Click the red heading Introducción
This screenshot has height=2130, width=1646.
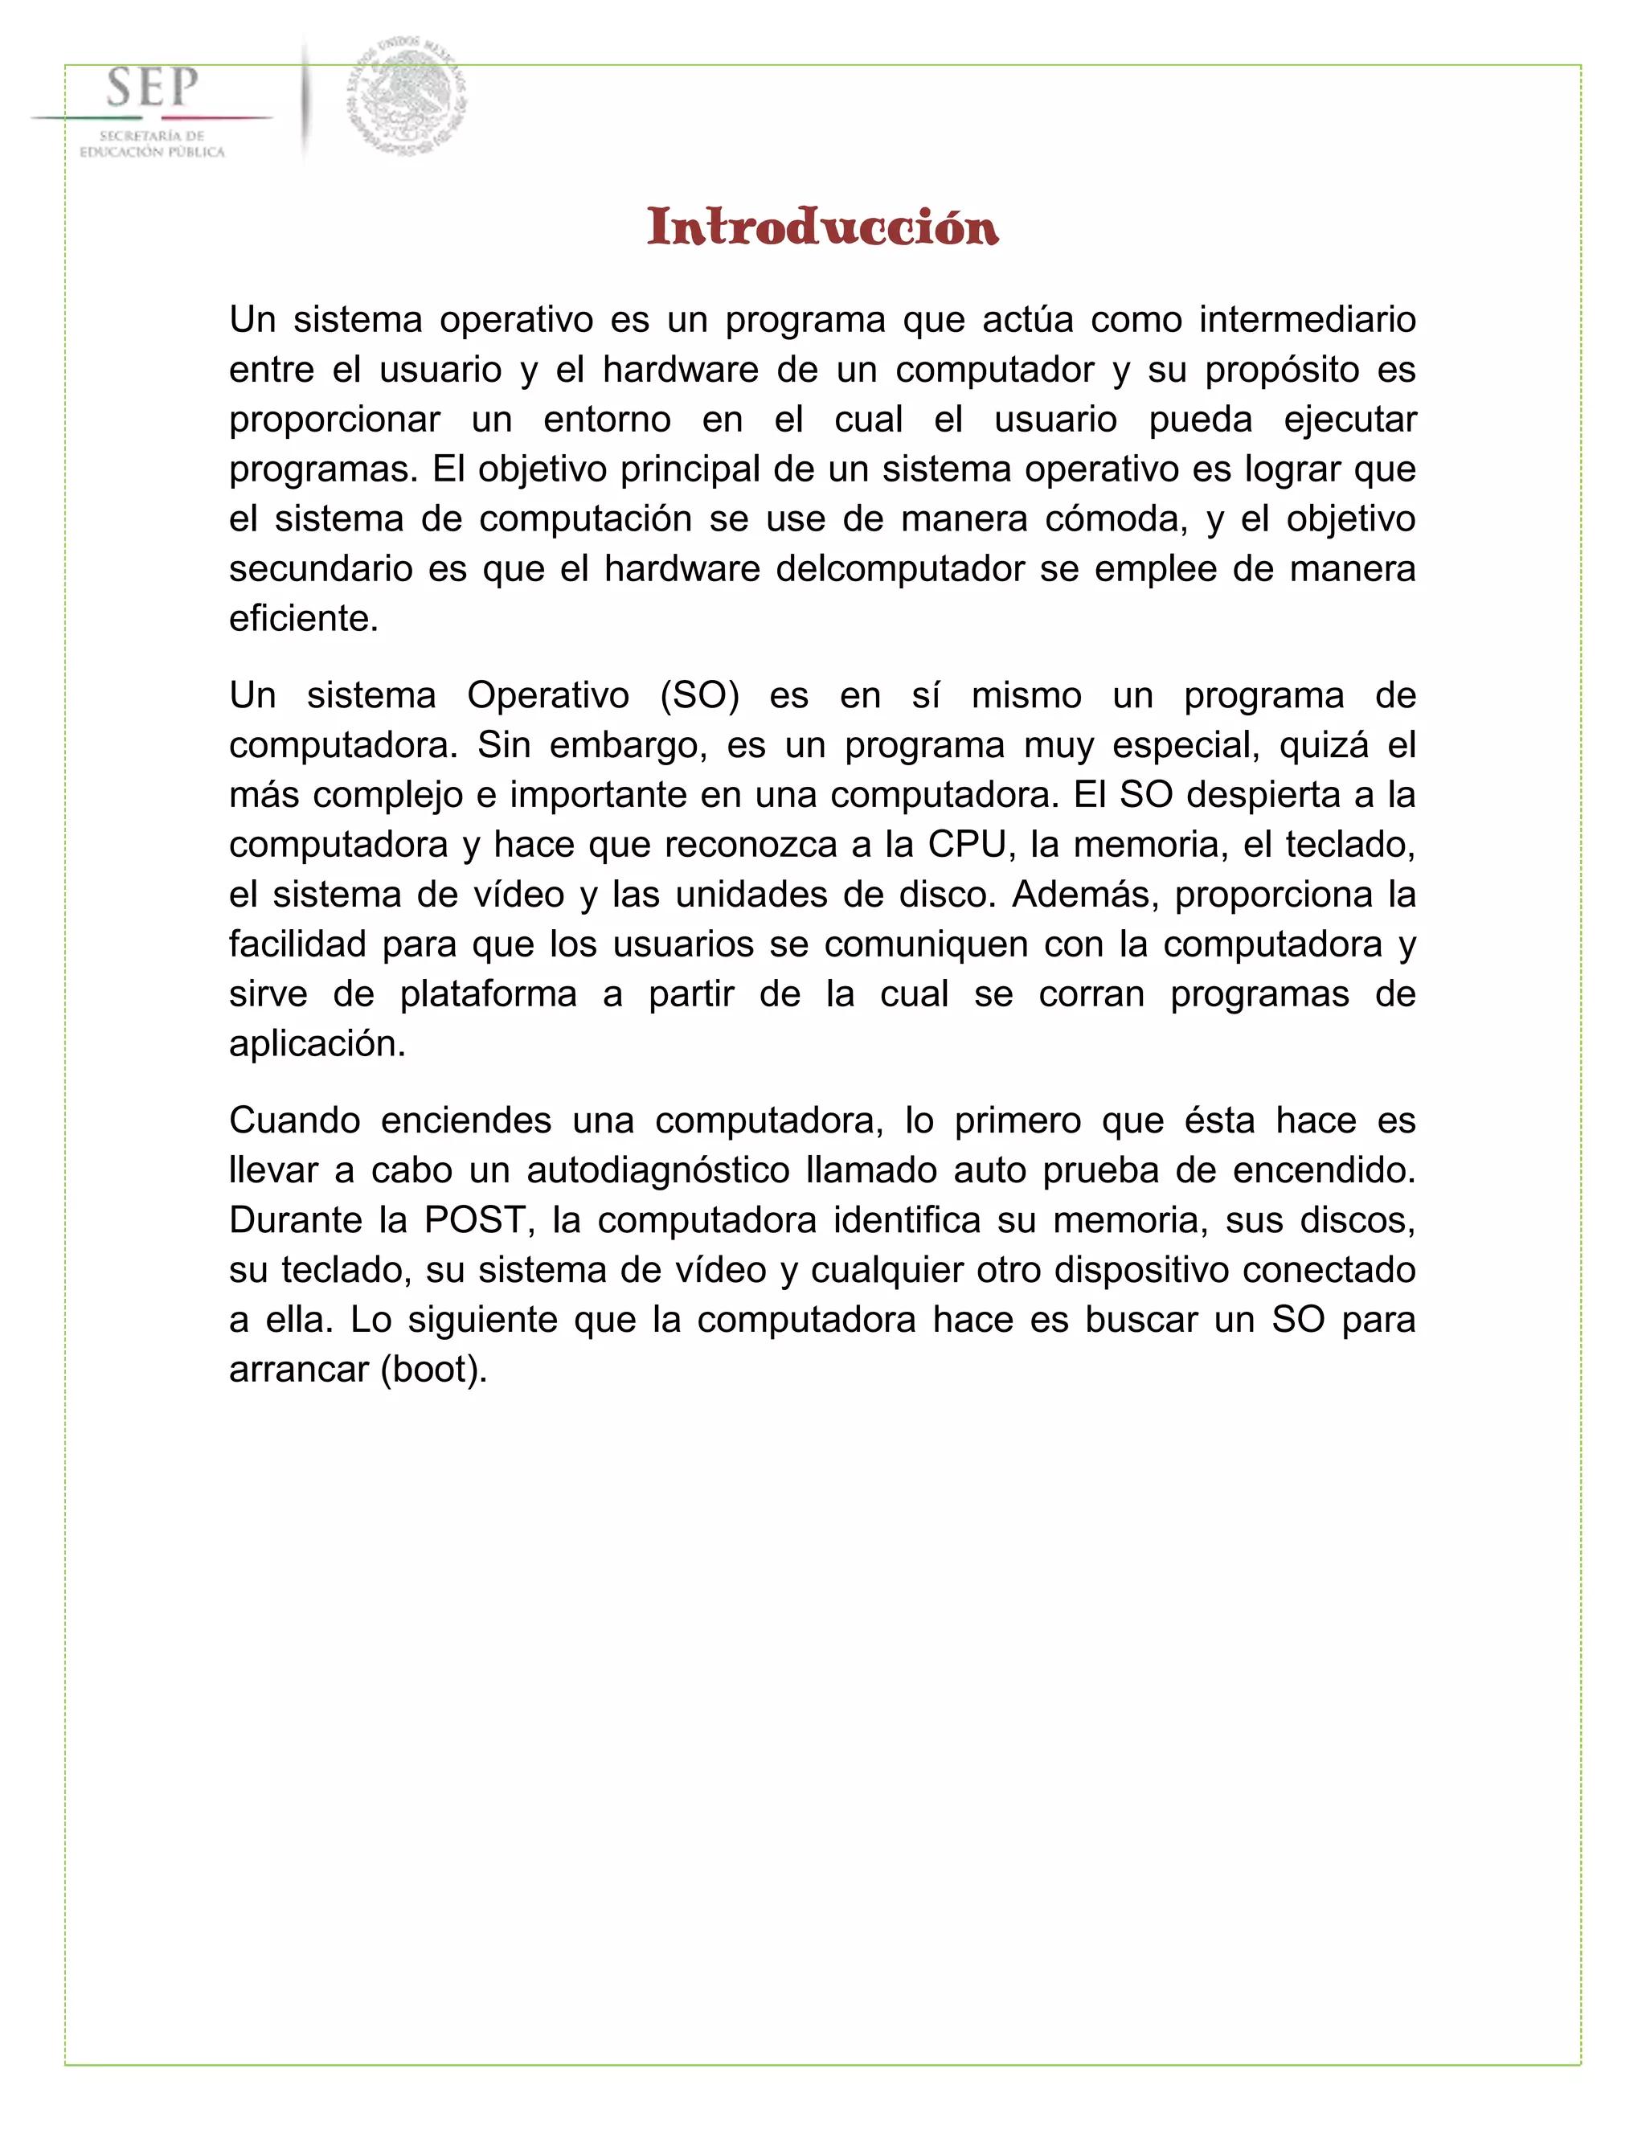822,227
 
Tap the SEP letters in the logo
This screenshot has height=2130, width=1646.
152,88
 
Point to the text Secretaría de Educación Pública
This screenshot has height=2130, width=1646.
152,145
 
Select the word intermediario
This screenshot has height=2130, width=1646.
1307,320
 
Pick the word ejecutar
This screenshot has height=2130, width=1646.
1349,420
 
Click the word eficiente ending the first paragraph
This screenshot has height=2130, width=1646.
303,618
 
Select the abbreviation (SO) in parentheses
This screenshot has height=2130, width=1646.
699,695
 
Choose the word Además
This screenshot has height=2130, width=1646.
1084,895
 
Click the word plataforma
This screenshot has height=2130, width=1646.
488,993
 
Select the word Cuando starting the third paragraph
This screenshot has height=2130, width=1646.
294,1120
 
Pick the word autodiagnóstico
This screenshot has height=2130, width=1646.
657,1170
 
